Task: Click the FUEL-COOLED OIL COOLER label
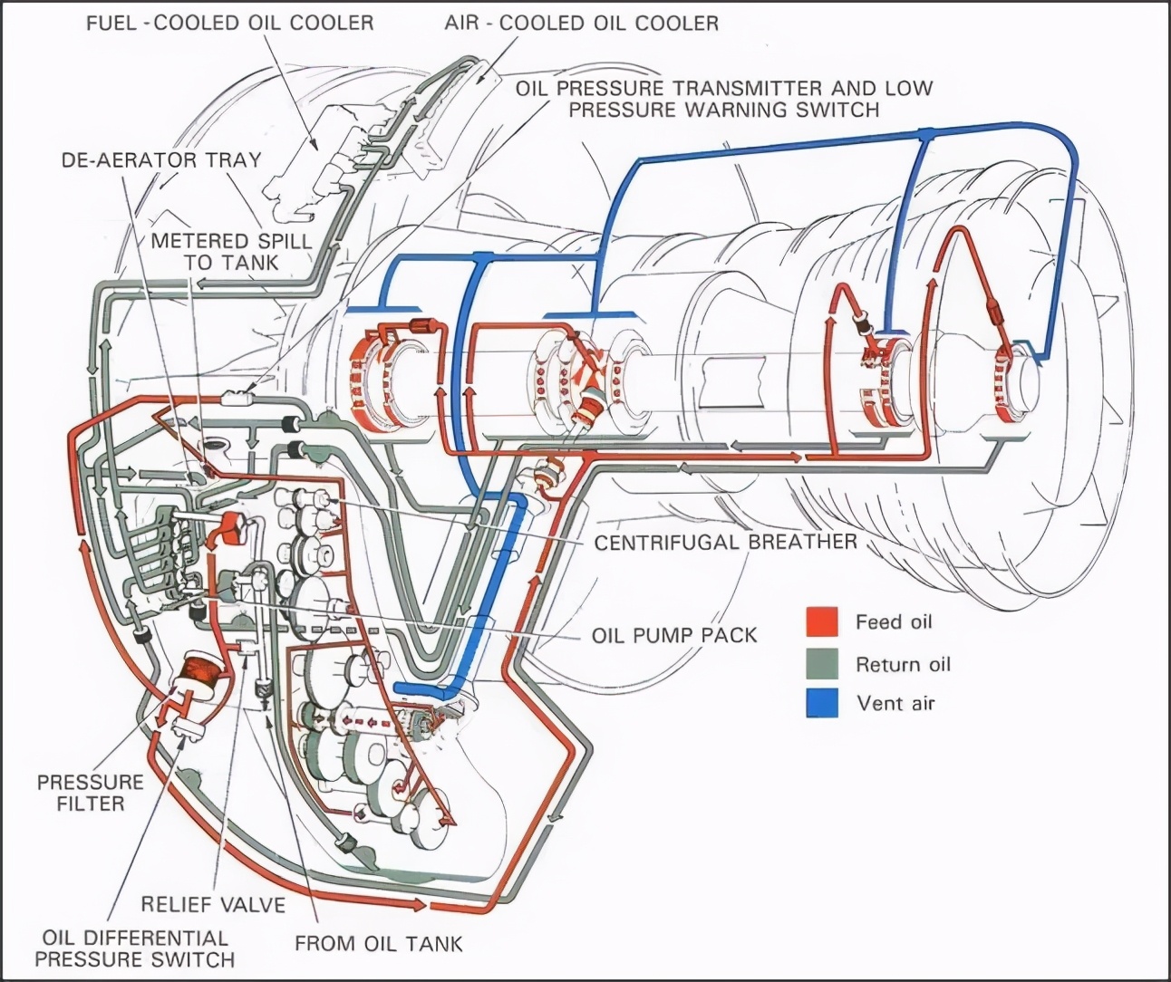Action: coord(229,23)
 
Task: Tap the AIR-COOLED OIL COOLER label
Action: coord(581,23)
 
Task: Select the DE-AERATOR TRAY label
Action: coord(161,160)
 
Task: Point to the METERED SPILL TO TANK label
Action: coord(230,251)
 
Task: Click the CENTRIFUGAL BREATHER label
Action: coord(725,542)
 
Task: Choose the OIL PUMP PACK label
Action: coord(673,634)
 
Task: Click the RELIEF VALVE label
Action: coord(213,904)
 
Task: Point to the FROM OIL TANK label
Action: coord(378,943)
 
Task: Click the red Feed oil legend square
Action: coord(821,621)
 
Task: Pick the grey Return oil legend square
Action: coord(821,664)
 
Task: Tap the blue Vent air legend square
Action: coord(821,704)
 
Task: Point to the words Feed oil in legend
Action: coord(893,622)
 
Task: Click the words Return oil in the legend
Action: coord(904,664)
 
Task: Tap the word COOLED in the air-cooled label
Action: coord(544,23)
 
